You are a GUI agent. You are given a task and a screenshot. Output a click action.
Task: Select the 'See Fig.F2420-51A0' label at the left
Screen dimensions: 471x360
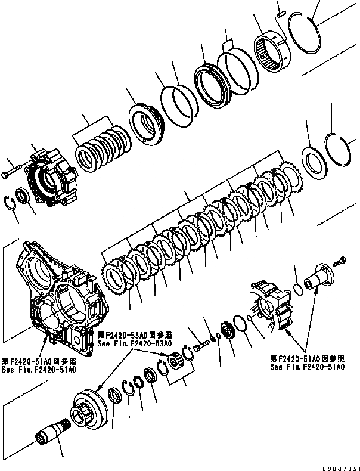(39, 370)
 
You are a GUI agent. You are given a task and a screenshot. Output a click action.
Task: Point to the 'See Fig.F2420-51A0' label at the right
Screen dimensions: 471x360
(306, 367)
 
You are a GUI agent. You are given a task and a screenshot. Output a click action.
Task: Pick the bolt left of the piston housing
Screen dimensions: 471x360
(11, 173)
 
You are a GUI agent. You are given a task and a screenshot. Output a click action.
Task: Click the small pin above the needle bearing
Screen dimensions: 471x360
(280, 10)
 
